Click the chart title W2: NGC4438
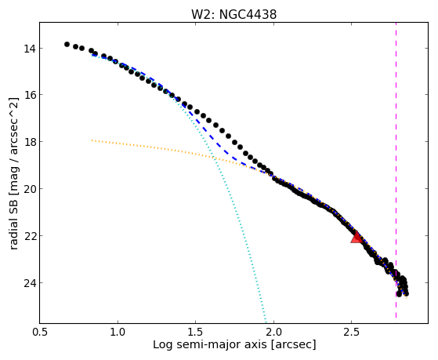coord(233,15)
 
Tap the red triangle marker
coord(357,237)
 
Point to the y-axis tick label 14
coord(30,49)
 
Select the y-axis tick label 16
coord(30,95)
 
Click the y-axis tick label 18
coord(30,142)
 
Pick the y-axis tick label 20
coord(30,189)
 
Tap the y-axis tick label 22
coord(30,236)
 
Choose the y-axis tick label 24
coord(30,283)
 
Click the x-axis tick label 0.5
coord(40,332)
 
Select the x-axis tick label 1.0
coord(118,332)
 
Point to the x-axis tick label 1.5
coord(196,332)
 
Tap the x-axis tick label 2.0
coord(273,332)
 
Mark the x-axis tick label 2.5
coord(352,332)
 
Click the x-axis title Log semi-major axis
coord(209,345)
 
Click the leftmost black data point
coord(67,44)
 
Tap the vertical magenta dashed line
coord(396,170)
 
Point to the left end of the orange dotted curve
coord(92,140)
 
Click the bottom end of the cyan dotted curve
coord(266,322)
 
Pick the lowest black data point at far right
coord(399,294)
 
